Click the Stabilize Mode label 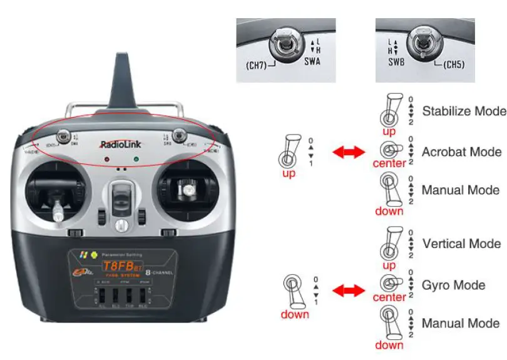464,111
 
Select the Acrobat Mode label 461,152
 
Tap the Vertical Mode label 461,244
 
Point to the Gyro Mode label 454,285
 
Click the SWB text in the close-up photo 396,62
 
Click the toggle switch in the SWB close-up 421,43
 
